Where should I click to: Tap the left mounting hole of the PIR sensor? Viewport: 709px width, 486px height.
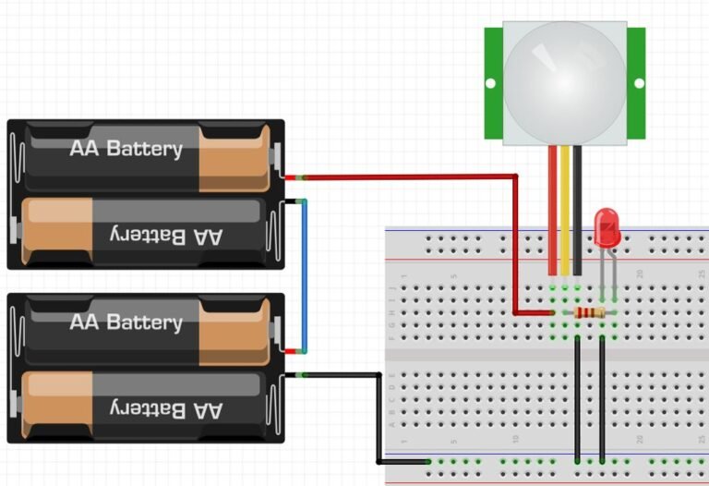[x=490, y=83]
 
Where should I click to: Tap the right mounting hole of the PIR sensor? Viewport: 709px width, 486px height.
[x=639, y=83]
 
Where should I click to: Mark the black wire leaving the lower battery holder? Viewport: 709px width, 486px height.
[x=378, y=416]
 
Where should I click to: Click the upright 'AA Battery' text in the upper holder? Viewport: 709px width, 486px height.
[x=126, y=148]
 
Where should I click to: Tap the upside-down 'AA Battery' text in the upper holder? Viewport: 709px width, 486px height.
[x=167, y=236]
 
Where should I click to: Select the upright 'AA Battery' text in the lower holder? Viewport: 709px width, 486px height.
[x=126, y=322]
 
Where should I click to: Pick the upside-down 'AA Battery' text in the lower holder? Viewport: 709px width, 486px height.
[x=167, y=409]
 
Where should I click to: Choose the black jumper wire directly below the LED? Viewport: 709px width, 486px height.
[x=602, y=397]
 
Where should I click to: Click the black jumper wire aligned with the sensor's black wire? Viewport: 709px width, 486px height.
[x=577, y=397]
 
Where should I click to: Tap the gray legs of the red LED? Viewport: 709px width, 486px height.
[x=607, y=268]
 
